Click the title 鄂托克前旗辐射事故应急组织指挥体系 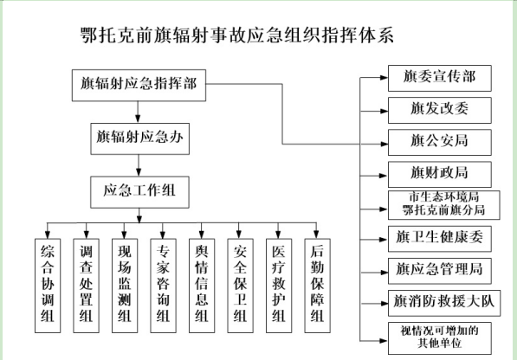(237, 35)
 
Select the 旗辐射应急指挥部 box (139, 85)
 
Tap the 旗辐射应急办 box (139, 138)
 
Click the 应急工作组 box (139, 192)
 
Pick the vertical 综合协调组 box (48, 286)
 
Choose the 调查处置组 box (86, 286)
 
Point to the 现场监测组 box (125, 286)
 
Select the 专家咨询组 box (163, 286)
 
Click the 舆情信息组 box (202, 286)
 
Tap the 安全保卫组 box (241, 286)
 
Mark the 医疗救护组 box (279, 286)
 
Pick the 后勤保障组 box (318, 286)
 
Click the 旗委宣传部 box (440, 78)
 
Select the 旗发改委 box (440, 110)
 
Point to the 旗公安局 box (440, 142)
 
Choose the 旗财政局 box (440, 174)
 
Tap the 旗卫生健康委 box (440, 239)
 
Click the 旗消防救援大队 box (444, 303)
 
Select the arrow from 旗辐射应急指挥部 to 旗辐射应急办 (138, 112)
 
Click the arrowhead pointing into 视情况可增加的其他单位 (384, 341)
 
